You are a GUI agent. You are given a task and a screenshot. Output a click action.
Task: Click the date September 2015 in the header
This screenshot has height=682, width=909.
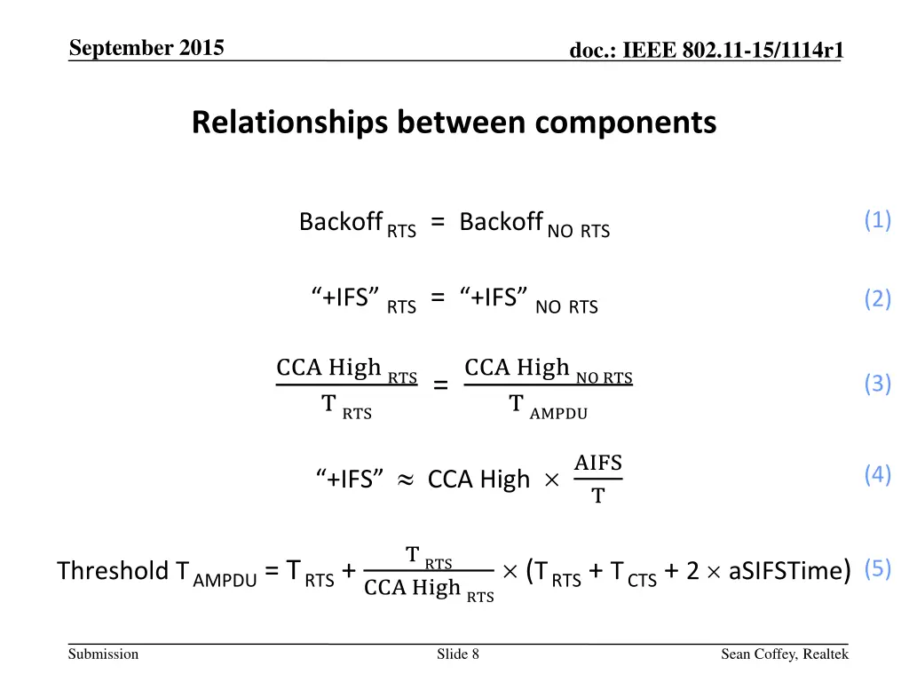[x=146, y=48]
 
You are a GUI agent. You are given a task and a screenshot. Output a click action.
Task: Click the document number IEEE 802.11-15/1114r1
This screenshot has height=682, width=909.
[x=707, y=52]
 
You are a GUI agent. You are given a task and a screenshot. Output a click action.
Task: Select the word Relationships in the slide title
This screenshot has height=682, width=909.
[x=289, y=122]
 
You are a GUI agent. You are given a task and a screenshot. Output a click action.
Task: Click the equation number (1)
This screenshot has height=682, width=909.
[x=878, y=220]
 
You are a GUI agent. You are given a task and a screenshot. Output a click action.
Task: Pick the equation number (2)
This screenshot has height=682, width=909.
[x=878, y=299]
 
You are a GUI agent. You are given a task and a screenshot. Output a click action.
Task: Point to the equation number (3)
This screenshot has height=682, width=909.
[x=878, y=384]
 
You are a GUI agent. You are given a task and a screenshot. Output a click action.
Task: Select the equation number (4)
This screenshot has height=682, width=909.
[x=878, y=475]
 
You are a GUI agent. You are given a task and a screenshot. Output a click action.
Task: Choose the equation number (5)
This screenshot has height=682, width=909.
[x=878, y=568]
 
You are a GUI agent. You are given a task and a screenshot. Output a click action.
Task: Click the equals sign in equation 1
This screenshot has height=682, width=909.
[x=438, y=222]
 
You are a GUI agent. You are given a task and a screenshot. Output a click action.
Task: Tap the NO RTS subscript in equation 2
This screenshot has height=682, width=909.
[x=567, y=308]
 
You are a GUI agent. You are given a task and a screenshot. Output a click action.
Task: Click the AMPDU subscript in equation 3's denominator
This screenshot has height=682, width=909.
[x=558, y=413]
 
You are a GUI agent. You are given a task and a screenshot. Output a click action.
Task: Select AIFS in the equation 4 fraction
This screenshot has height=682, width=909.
[x=598, y=463]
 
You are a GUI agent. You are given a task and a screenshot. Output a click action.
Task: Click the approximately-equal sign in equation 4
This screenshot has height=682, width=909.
[x=405, y=480]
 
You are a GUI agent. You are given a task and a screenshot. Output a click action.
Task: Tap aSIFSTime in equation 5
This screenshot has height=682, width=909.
[x=785, y=570]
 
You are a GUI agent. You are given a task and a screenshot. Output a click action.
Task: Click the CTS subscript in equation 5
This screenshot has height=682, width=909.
[x=642, y=580]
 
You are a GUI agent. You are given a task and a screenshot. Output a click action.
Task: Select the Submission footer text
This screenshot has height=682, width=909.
[x=103, y=654]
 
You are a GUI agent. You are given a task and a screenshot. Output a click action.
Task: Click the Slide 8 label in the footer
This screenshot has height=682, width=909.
[x=458, y=654]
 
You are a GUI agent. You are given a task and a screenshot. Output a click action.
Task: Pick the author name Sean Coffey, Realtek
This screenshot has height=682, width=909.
[x=785, y=654]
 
